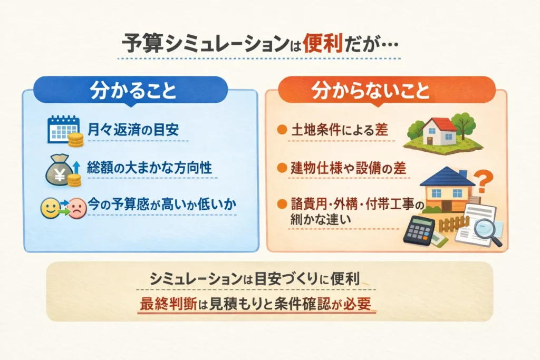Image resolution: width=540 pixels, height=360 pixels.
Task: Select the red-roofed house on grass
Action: tap(439, 131)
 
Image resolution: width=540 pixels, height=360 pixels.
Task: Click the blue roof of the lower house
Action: tap(447, 177)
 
